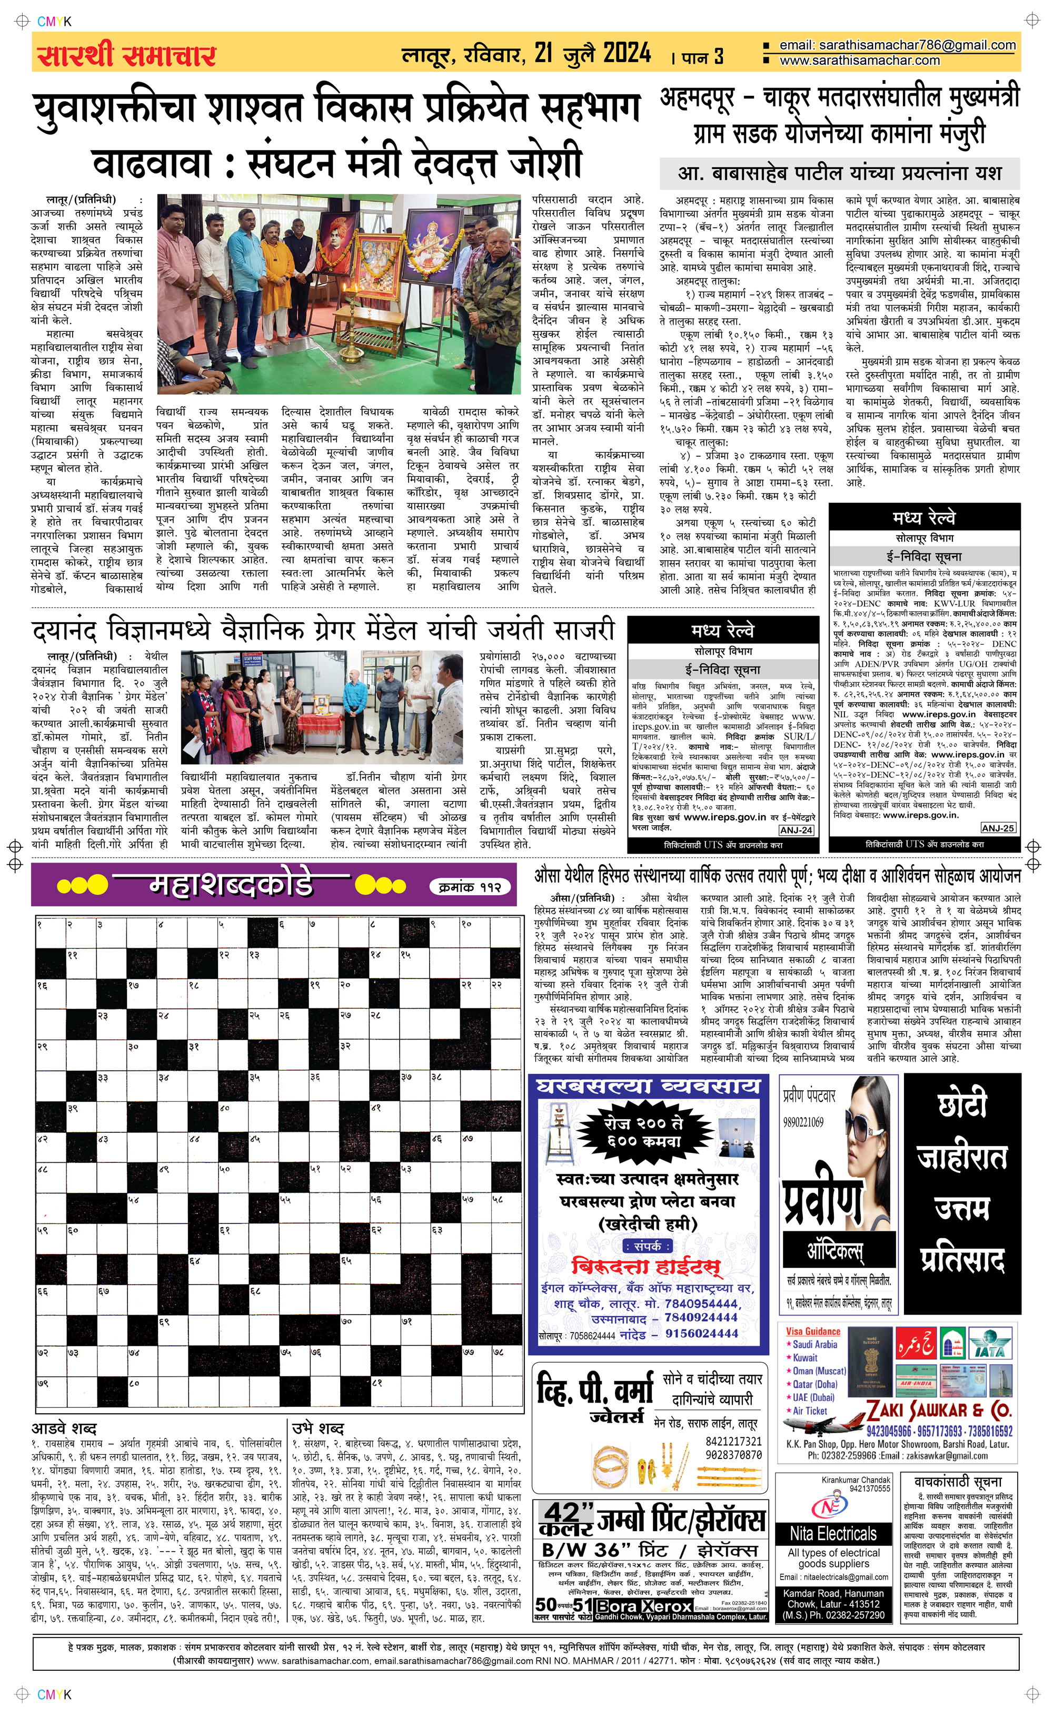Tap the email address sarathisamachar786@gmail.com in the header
click(897, 45)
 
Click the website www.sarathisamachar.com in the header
click(859, 61)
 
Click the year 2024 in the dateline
click(627, 53)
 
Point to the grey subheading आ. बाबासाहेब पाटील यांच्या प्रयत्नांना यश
click(839, 172)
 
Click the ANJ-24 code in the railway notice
click(796, 830)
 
